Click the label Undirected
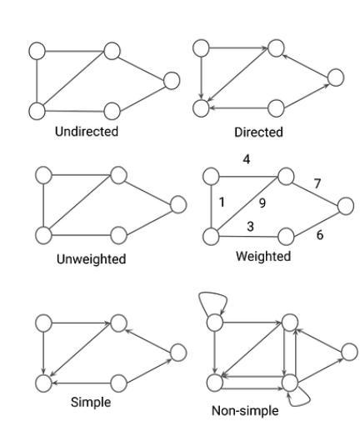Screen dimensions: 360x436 pyautogui.click(x=87, y=131)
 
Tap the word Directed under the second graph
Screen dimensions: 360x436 pyautogui.click(x=258, y=132)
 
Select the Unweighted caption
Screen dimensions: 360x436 pyautogui.click(x=91, y=259)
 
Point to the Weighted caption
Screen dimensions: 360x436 pyautogui.click(x=263, y=256)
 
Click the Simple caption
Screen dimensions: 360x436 pyautogui.click(x=91, y=403)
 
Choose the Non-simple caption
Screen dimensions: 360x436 pyautogui.click(x=245, y=411)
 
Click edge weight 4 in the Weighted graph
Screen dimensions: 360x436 pyautogui.click(x=247, y=159)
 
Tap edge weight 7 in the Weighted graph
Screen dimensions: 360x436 pyautogui.click(x=317, y=183)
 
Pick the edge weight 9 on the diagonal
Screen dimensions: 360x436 pyautogui.click(x=262, y=203)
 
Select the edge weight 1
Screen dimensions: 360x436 pyautogui.click(x=222, y=202)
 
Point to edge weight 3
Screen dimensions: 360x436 pyautogui.click(x=250, y=227)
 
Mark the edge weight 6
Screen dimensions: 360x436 pyautogui.click(x=320, y=235)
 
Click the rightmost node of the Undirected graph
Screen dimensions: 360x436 pyautogui.click(x=172, y=81)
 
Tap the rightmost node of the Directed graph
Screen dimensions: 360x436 pyautogui.click(x=336, y=78)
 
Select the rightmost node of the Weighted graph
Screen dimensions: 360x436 pyautogui.click(x=346, y=206)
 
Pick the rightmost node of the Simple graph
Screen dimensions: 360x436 pyautogui.click(x=177, y=353)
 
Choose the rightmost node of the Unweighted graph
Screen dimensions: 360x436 pyautogui.click(x=177, y=204)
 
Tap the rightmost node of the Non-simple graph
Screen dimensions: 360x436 pyautogui.click(x=349, y=352)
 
